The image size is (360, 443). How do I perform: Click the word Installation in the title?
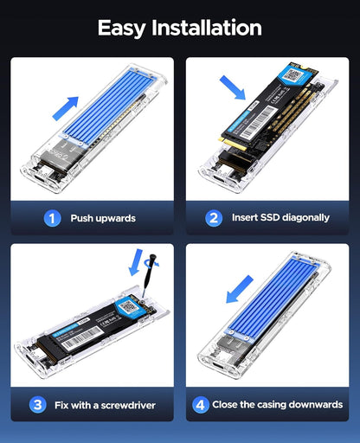(208, 28)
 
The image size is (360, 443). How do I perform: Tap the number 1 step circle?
(52, 218)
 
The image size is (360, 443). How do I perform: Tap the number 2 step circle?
(214, 218)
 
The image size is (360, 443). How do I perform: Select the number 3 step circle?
(38, 404)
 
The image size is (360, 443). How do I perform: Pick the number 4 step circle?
(201, 404)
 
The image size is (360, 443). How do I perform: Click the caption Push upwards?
(102, 218)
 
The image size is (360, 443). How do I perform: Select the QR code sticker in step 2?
(295, 77)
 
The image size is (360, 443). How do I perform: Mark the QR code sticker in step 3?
(129, 305)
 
